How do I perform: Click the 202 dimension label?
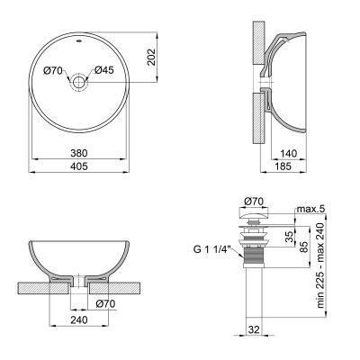tap(152, 58)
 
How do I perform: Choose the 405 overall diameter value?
tap(78, 167)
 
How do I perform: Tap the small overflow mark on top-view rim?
tap(78, 41)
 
